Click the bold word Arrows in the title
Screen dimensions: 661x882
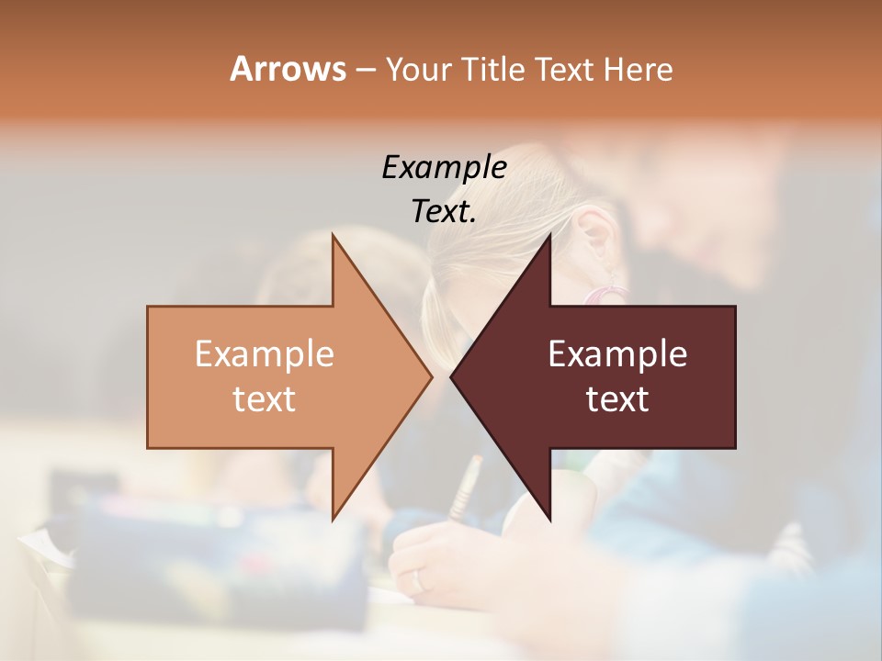(288, 69)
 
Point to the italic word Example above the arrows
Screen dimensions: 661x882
(444, 167)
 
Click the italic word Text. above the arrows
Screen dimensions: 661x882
(444, 212)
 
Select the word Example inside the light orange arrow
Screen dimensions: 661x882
(264, 354)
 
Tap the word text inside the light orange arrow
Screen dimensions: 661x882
(264, 399)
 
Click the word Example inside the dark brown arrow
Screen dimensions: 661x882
(617, 354)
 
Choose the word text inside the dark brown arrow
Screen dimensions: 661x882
(617, 399)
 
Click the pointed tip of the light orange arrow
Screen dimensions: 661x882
(431, 376)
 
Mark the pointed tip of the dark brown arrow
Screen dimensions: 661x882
(451, 376)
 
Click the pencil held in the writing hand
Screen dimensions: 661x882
(466, 487)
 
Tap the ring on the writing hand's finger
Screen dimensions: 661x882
(419, 581)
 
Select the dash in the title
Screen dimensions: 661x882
(365, 70)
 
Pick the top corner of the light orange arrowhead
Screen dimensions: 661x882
(333, 235)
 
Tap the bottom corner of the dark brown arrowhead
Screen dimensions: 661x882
(549, 520)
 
